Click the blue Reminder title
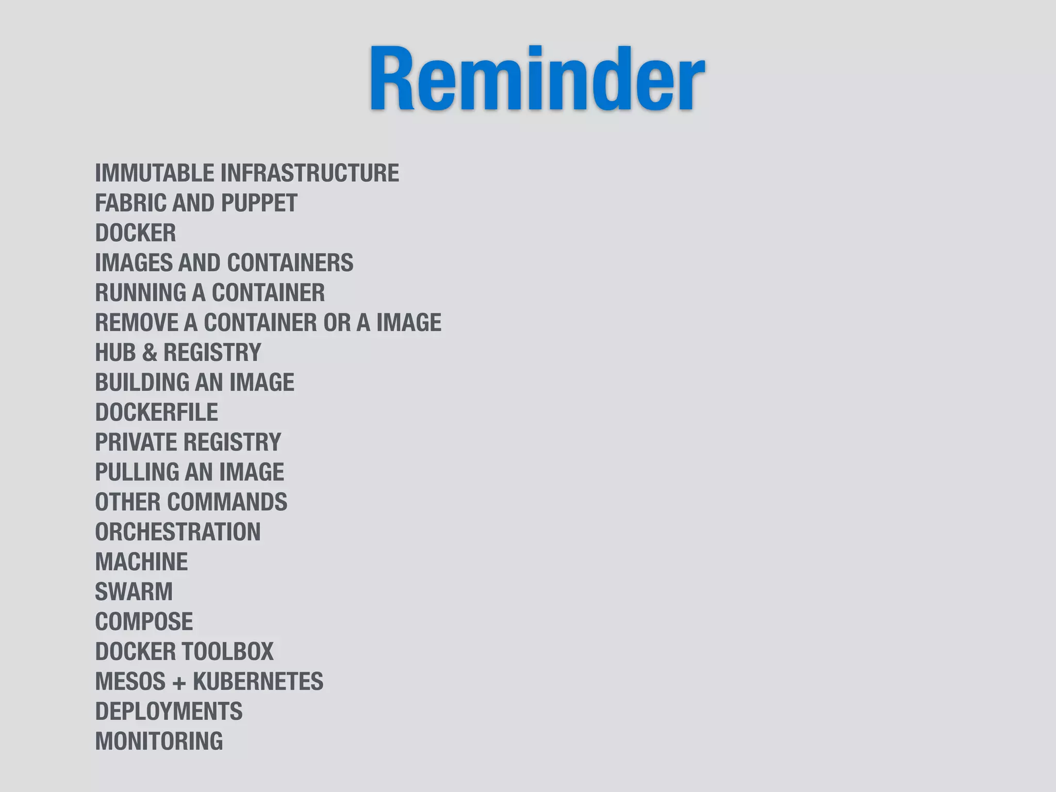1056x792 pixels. (x=537, y=78)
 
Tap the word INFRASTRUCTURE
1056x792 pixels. (x=310, y=173)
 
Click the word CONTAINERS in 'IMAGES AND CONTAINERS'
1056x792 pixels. (x=290, y=263)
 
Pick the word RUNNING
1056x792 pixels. (x=140, y=293)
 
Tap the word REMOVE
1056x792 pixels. (x=136, y=323)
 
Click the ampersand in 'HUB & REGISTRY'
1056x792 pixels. (x=150, y=353)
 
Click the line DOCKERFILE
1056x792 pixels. (x=157, y=412)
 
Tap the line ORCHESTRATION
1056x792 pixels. (x=178, y=532)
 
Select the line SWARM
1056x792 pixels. (x=134, y=592)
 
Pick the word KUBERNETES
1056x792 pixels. (x=258, y=682)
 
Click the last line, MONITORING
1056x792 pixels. (x=159, y=741)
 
